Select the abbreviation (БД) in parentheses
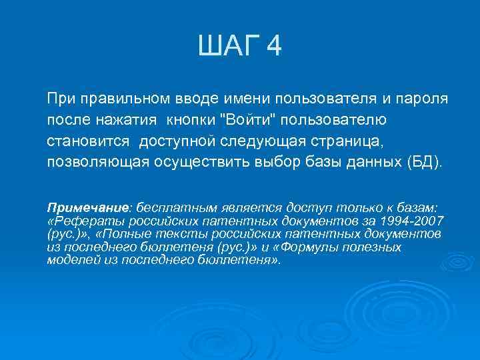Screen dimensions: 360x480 (x=423, y=163)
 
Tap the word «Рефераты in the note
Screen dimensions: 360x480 (x=79, y=221)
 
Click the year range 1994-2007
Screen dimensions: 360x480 (x=412, y=221)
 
